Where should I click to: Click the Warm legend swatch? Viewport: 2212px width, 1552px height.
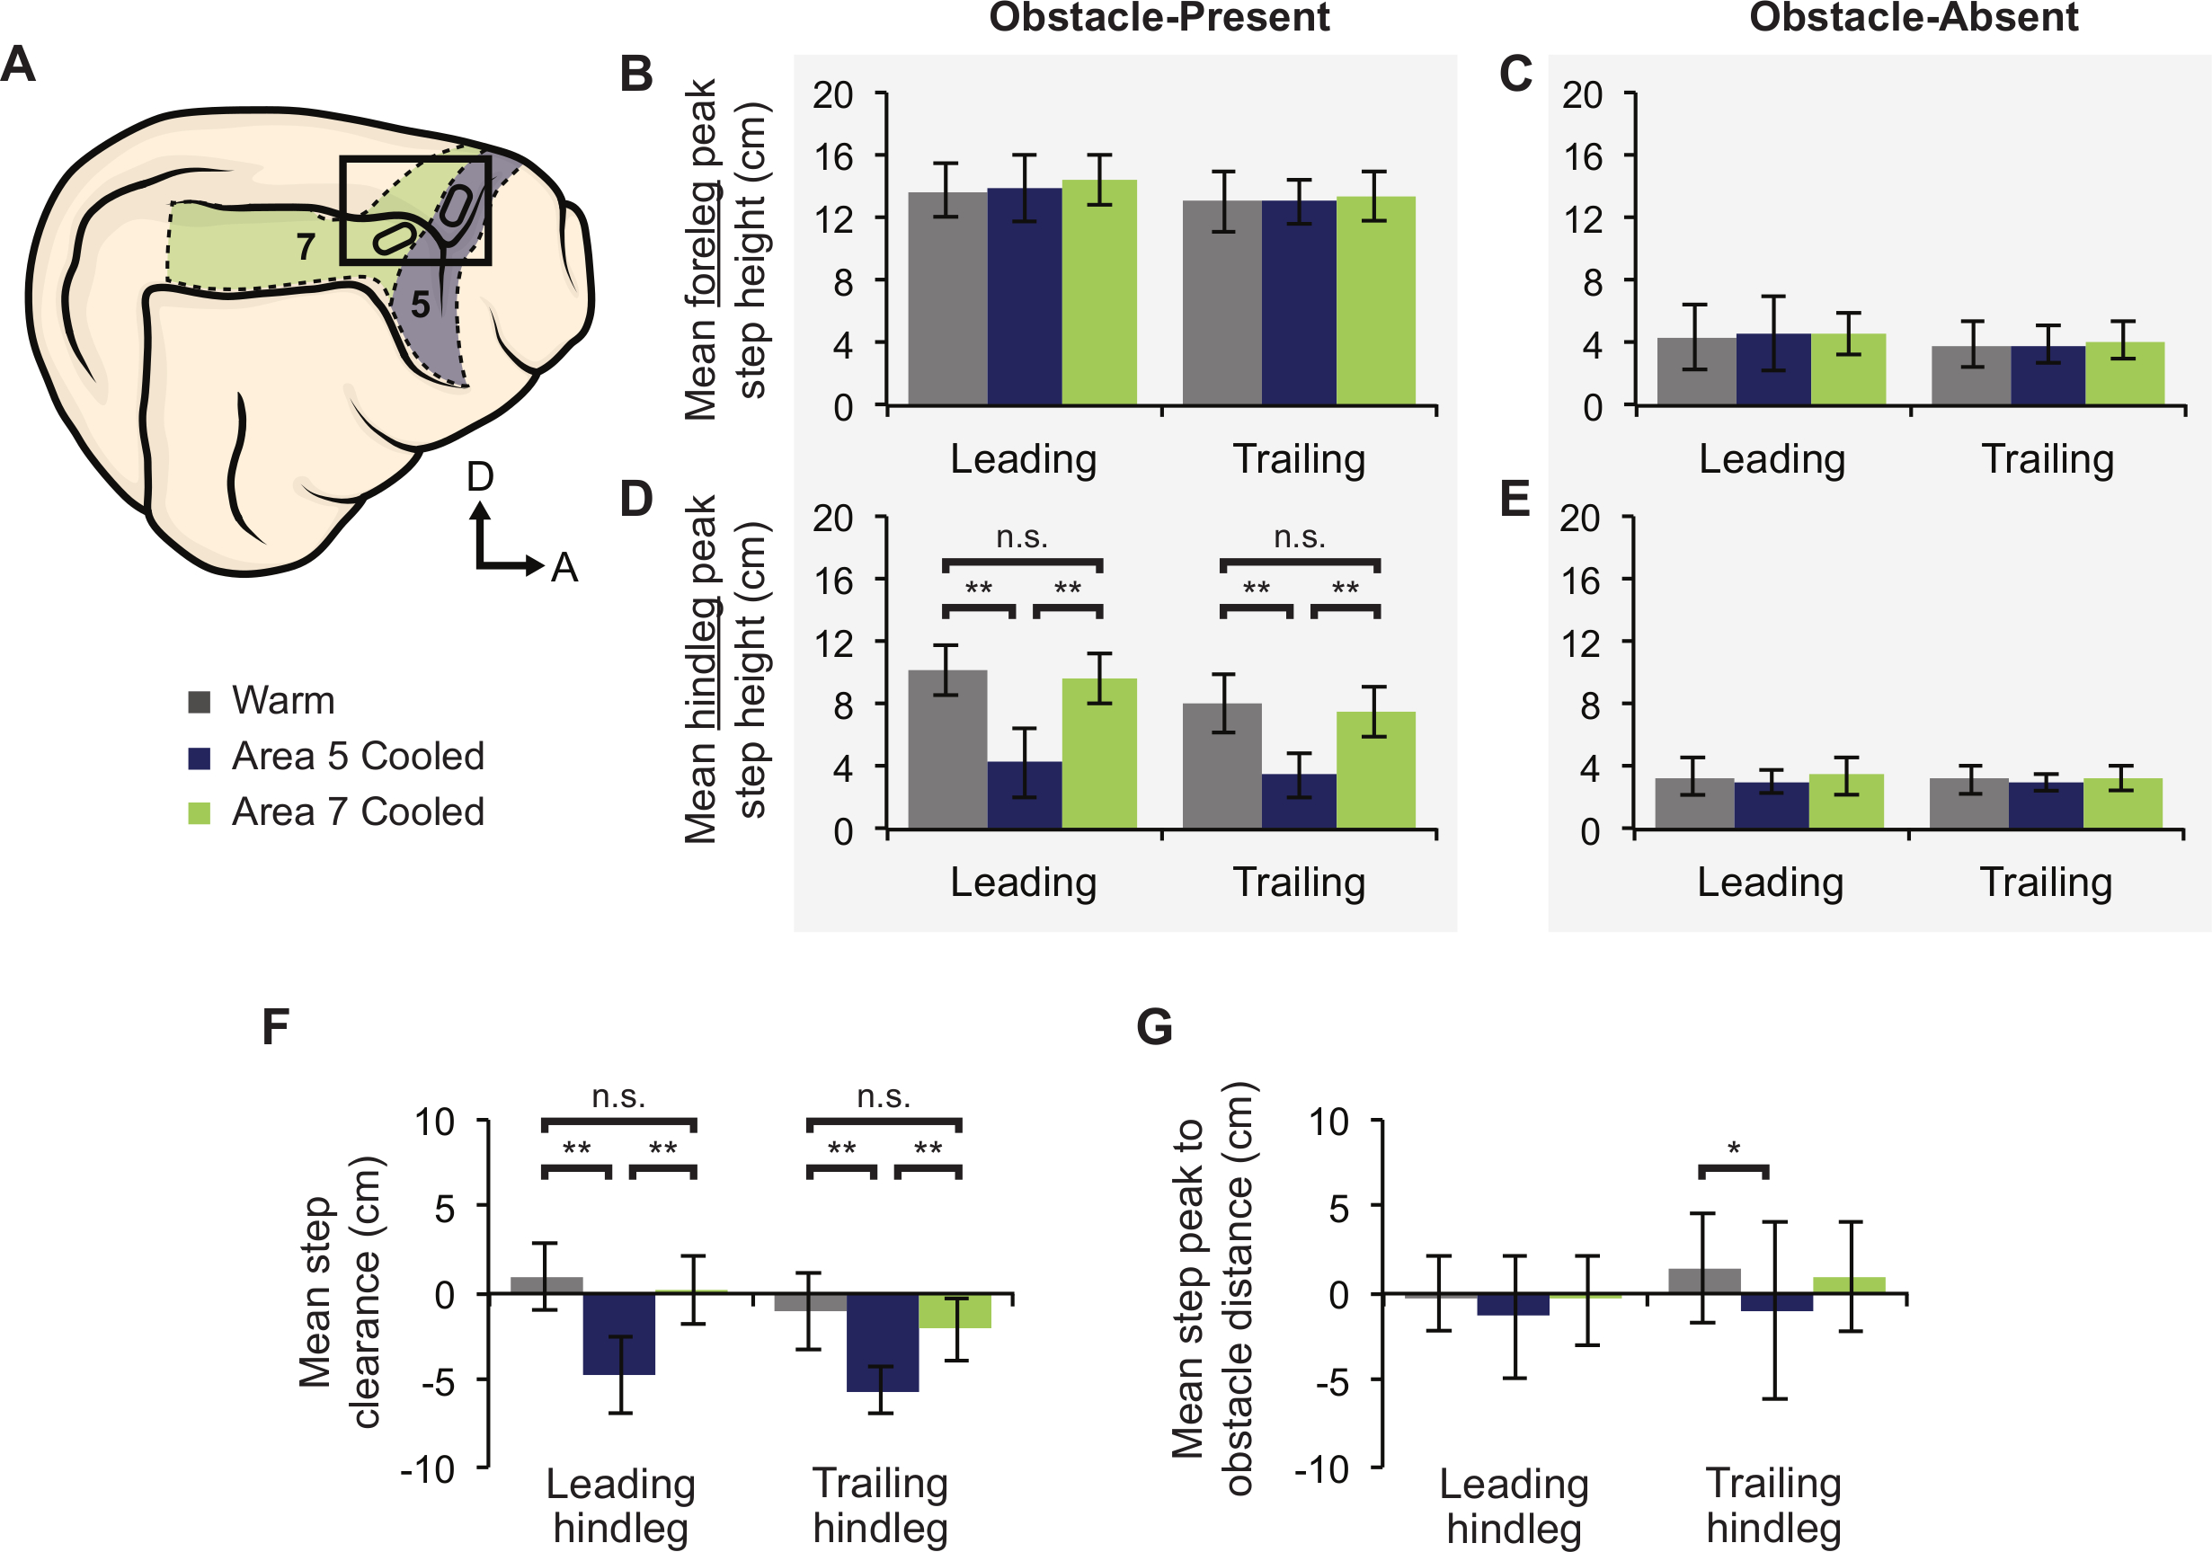pyautogui.click(x=200, y=701)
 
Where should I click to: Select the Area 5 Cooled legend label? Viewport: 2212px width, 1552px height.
pyautogui.click(x=358, y=757)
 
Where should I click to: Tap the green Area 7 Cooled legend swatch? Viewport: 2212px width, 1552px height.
pyautogui.click(x=200, y=812)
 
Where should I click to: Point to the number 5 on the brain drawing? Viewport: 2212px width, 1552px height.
pyautogui.click(x=420, y=305)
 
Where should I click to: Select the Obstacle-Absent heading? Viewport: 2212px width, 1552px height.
pyautogui.click(x=1914, y=17)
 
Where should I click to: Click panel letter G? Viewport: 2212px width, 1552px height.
pyautogui.click(x=1154, y=1027)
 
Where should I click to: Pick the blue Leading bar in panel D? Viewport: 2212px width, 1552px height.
pyautogui.click(x=1024, y=794)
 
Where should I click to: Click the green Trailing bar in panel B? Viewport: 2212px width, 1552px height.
pyautogui.click(x=1376, y=300)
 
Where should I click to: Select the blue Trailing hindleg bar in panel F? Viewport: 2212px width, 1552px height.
pyautogui.click(x=883, y=1342)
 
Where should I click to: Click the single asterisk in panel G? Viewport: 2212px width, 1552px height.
pyautogui.click(x=1733, y=1148)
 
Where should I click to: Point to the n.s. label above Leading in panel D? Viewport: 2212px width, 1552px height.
pyautogui.click(x=1021, y=537)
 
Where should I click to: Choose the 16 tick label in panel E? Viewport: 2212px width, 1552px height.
pyautogui.click(x=1580, y=581)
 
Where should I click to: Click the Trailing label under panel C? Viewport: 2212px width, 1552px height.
pyautogui.click(x=2048, y=458)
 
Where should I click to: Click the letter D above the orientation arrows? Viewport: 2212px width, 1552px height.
pyautogui.click(x=480, y=477)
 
